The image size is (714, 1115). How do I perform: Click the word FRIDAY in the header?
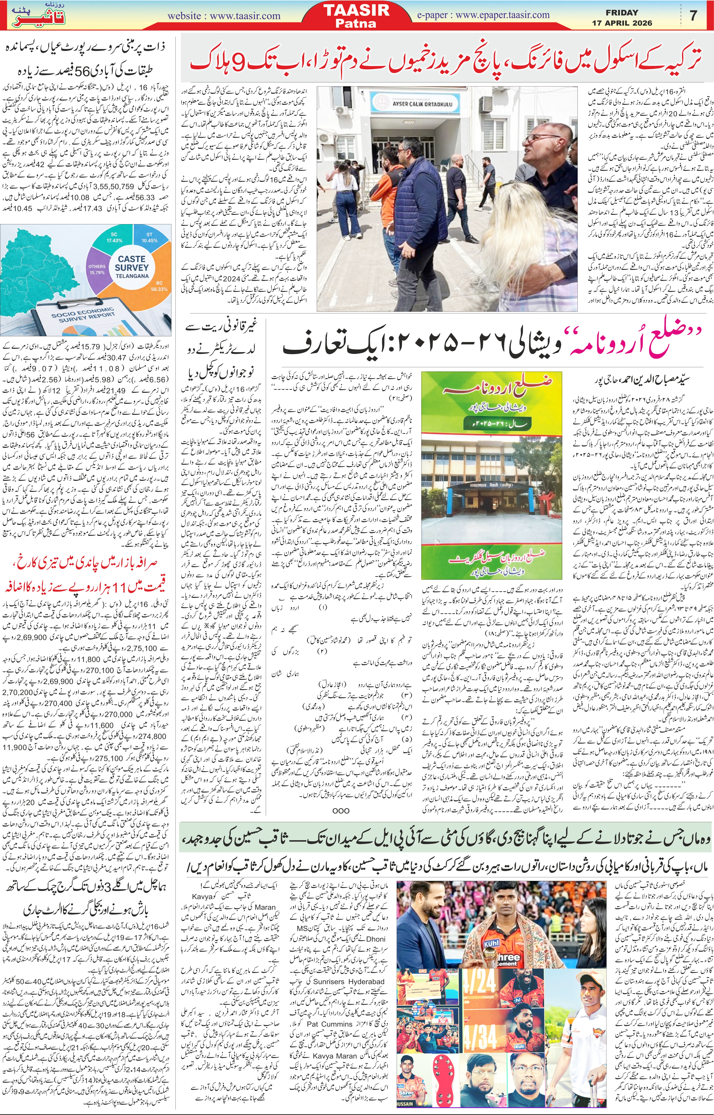(622, 12)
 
